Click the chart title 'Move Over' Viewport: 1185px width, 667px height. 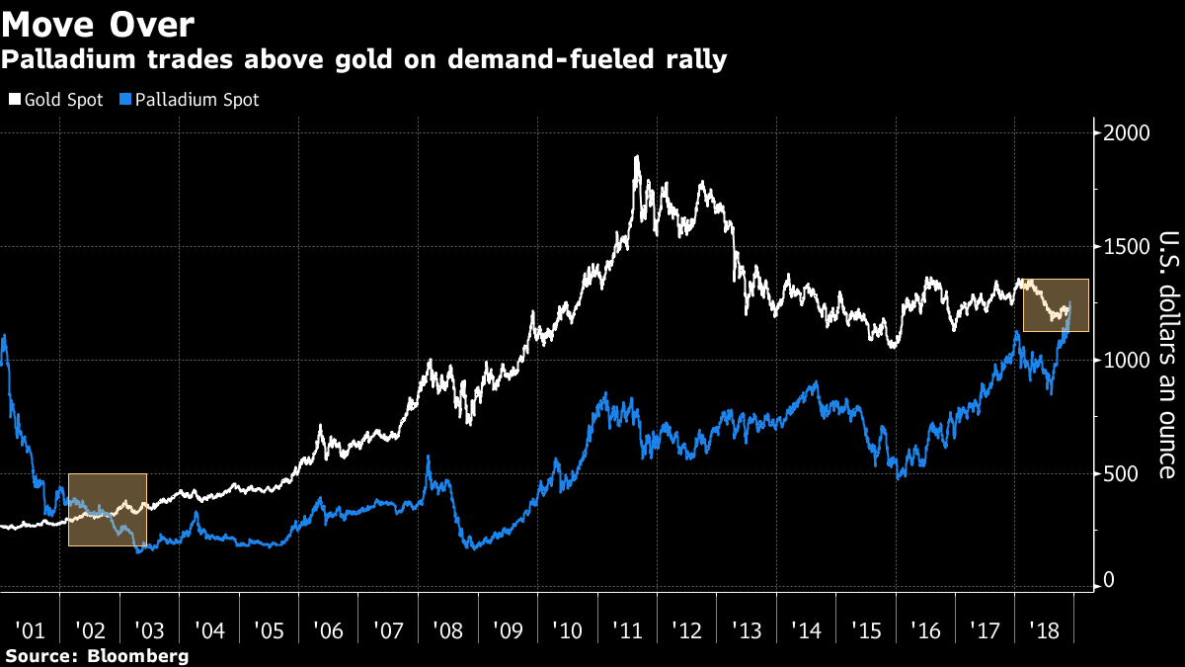[x=98, y=25]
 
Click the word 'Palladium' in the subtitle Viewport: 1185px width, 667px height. [x=69, y=58]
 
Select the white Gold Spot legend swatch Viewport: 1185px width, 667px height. [x=15, y=99]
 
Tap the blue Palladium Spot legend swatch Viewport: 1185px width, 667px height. [x=124, y=99]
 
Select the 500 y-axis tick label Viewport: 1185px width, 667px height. [x=1120, y=474]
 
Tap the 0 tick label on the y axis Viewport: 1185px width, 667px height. [x=1109, y=580]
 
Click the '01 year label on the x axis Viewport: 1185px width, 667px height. [x=30, y=630]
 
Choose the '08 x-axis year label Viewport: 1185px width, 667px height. [x=447, y=630]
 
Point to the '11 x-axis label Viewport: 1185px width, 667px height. [x=627, y=630]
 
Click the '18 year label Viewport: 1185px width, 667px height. [x=1045, y=630]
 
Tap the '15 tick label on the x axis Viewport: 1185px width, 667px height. [x=866, y=630]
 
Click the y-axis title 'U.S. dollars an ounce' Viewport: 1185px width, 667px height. [x=1169, y=355]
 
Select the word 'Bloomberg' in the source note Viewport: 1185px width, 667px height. [x=137, y=656]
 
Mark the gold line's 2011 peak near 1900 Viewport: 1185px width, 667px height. [x=637, y=156]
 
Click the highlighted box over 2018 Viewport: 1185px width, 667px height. [x=1056, y=305]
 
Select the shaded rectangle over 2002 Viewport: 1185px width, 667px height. [x=108, y=510]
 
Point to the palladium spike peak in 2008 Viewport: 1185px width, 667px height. [x=428, y=457]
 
